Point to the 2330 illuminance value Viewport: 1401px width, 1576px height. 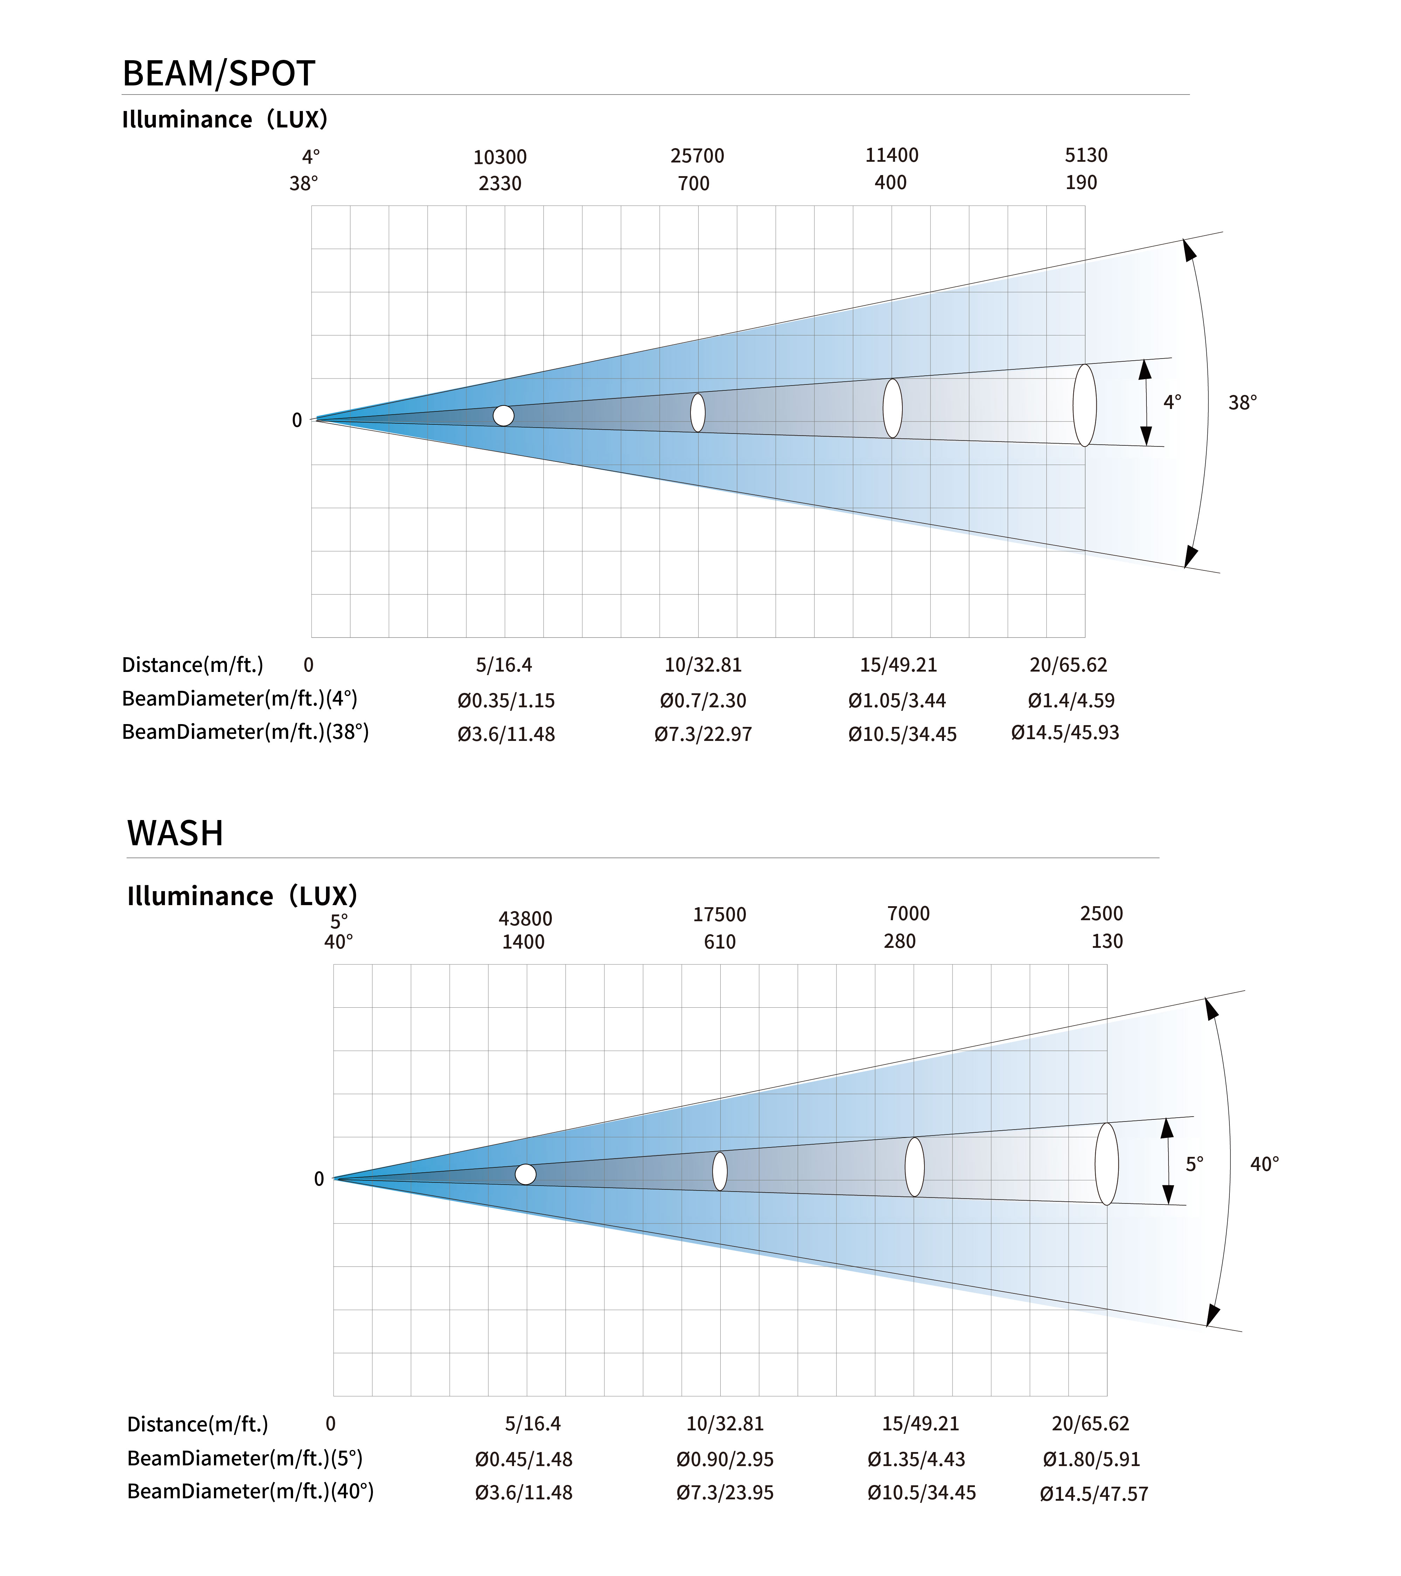coord(500,183)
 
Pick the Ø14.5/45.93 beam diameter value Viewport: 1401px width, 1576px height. coord(1065,733)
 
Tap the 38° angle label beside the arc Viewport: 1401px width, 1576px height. coord(1242,402)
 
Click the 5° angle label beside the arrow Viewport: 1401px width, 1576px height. coord(1194,1164)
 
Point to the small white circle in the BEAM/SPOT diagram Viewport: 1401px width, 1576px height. coord(504,416)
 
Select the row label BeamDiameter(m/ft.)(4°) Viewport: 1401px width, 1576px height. coord(240,699)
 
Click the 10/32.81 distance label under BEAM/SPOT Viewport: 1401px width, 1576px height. coord(702,665)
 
